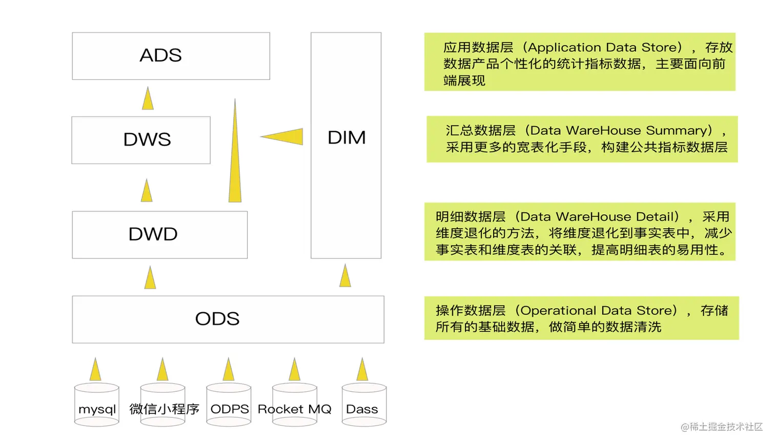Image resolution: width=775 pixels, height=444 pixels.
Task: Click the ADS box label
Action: tap(160, 55)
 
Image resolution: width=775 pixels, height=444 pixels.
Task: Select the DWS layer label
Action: tap(147, 139)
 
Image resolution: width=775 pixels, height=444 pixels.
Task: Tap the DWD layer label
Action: tap(153, 234)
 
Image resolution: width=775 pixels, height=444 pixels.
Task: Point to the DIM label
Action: tap(346, 137)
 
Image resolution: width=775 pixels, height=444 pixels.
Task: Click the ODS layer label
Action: tap(217, 319)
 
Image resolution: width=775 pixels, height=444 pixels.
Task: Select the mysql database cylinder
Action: tap(97, 405)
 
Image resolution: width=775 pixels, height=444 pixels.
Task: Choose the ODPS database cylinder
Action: tap(229, 405)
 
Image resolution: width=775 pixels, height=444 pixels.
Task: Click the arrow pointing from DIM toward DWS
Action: tap(283, 137)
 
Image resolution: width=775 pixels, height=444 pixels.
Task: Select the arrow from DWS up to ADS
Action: tap(148, 98)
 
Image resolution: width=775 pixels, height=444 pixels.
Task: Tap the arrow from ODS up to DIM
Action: tap(345, 276)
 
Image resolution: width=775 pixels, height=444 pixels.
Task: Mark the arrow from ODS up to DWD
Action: tap(150, 278)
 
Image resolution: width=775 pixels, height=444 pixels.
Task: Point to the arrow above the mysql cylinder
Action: tap(95, 369)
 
